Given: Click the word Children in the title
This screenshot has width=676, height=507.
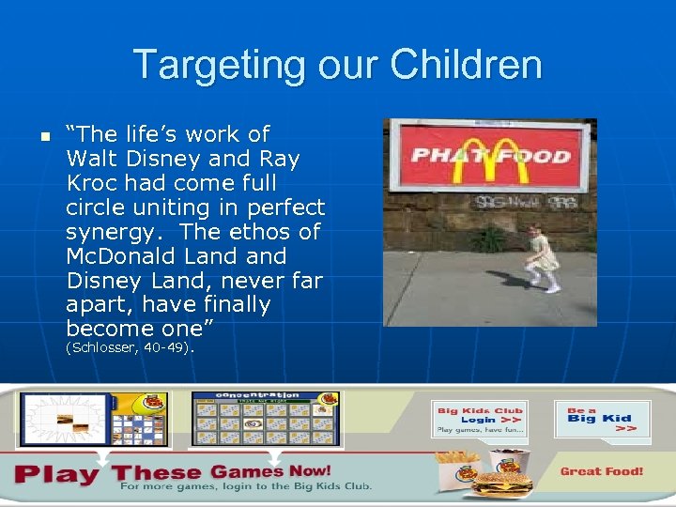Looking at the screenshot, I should tap(466, 66).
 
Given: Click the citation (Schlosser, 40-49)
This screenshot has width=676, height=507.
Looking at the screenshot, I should tap(130, 348).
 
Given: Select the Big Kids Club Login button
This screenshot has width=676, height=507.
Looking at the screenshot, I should tap(479, 419).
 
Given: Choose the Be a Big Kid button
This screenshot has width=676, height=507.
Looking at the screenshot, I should tap(601, 419).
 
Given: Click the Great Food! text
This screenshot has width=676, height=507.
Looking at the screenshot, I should tap(602, 471).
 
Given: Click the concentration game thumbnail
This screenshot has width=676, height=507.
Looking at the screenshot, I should tap(266, 419).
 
